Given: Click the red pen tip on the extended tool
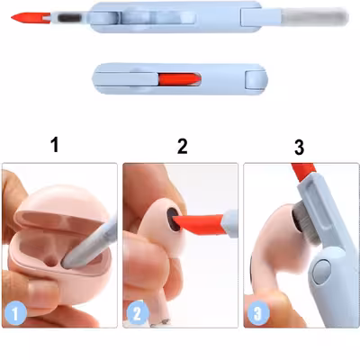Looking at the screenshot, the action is coord(30,17).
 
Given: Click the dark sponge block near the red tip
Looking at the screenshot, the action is coord(68,18).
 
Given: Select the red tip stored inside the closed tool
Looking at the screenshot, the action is coord(179,79).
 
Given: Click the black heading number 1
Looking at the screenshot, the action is coord(55,145).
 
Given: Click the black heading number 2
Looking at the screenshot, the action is coord(182,146).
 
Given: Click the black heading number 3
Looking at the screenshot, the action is coord(300,148).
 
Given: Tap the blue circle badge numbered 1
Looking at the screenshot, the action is coord(15,313).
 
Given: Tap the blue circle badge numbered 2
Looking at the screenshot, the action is coord(138,313).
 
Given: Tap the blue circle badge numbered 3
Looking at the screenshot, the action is coord(258,313).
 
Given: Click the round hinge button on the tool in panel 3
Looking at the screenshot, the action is coord(321,270).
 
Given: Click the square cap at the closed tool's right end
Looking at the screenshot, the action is coord(256,79).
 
